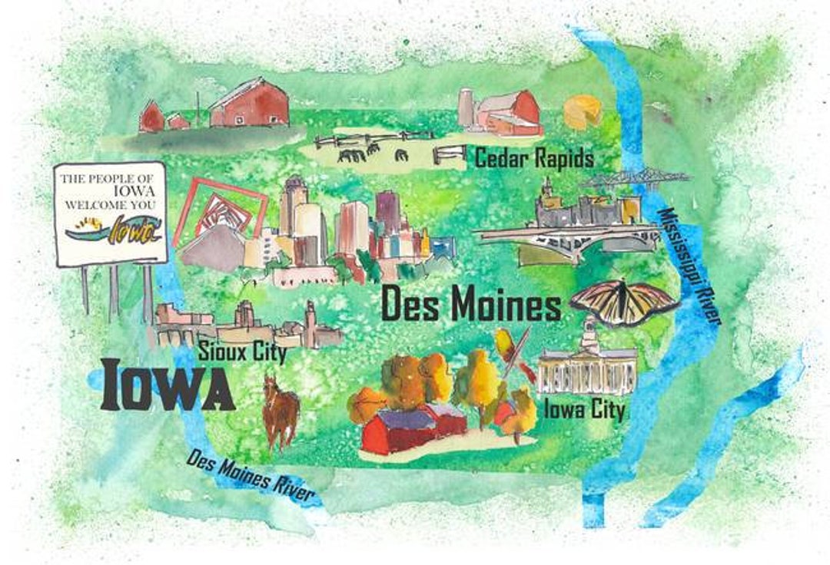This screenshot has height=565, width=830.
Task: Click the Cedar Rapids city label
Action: (534, 158)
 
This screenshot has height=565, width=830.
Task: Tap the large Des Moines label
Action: (471, 305)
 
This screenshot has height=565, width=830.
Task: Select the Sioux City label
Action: (242, 353)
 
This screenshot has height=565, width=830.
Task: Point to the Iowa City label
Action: (583, 408)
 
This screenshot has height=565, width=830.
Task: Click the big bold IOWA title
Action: (168, 385)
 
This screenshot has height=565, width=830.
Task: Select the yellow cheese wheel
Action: (583, 112)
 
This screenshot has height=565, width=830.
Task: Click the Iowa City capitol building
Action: (588, 364)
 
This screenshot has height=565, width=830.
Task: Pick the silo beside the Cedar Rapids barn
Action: (466, 107)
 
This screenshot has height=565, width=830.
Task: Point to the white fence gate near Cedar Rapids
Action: (449, 154)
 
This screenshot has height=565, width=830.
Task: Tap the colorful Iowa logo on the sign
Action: (115, 229)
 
